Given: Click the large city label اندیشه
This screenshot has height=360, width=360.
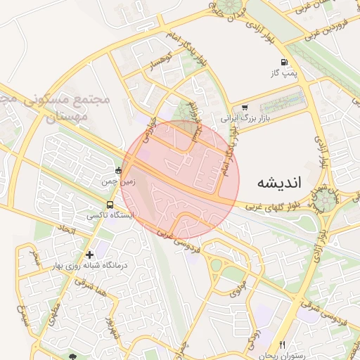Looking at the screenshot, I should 279,182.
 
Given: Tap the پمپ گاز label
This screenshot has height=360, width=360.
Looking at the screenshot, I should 285,72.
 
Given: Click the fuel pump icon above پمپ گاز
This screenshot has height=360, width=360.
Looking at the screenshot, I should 284,62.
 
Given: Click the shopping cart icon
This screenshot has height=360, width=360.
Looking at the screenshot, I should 244,108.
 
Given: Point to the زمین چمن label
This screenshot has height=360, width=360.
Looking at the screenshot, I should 117,181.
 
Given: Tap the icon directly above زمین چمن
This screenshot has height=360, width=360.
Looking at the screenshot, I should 117,171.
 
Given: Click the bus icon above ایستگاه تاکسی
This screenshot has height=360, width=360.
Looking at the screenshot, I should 108,204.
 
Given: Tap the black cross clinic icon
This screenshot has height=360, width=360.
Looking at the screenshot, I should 89,254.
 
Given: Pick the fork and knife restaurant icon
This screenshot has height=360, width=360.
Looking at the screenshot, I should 282,345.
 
